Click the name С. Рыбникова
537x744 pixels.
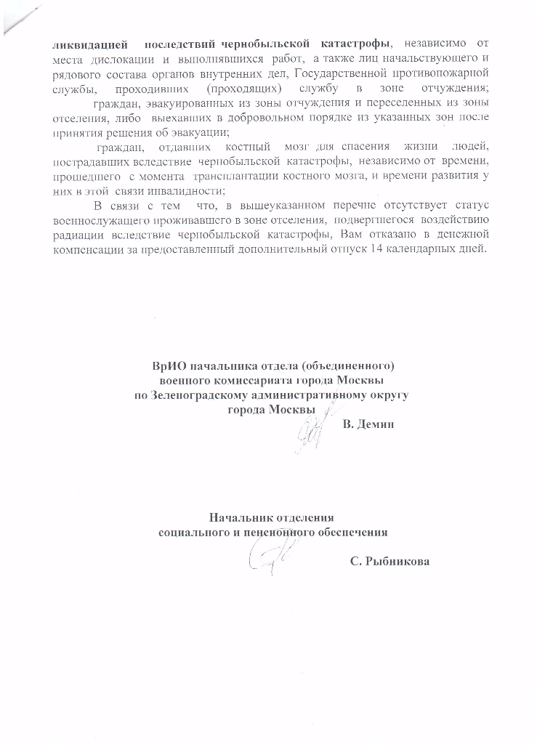pyautogui.click(x=389, y=560)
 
